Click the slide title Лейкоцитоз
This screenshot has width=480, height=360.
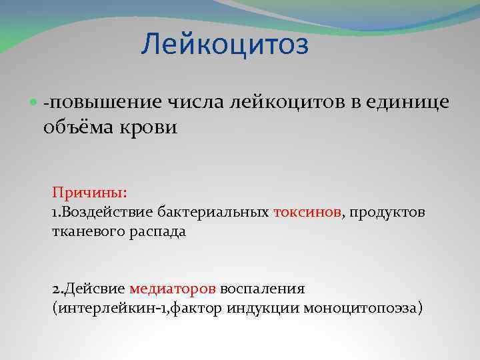tap(225, 45)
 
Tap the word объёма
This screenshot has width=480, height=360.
tap(81, 127)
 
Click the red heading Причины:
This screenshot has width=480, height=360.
tap(89, 193)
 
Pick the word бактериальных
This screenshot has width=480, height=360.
tap(214, 212)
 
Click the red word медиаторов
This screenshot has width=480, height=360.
tap(173, 289)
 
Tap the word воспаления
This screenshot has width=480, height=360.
tap(263, 289)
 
